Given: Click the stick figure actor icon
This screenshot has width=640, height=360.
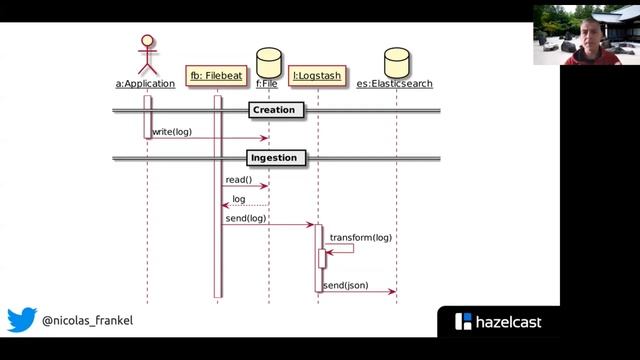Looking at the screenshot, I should pos(147,54).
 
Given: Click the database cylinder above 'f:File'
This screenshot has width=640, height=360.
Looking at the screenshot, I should pos(268,58).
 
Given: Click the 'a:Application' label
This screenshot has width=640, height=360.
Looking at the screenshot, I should pos(145,84).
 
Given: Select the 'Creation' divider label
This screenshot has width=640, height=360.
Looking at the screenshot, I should pos(274,110).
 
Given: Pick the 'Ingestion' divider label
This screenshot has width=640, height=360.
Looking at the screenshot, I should pos(273,158).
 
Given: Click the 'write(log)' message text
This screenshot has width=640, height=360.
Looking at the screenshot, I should pos(172,131).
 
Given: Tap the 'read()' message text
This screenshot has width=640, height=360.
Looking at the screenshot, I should pos(238,179).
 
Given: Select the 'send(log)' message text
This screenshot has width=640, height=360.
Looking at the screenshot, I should pos(245,217).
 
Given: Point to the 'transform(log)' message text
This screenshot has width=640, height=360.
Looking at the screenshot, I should pos(361,238).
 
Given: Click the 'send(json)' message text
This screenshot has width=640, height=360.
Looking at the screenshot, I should pos(345,285).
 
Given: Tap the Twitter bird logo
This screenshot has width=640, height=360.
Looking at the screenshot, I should pos(22,320).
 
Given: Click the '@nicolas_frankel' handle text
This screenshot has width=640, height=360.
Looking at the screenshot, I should pos(87,321).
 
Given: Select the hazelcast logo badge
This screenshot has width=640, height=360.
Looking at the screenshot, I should pos(498,322).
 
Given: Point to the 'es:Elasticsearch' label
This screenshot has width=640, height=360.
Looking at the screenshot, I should pos(395,84).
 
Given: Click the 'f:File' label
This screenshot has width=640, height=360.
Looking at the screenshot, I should pos(267,84).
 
